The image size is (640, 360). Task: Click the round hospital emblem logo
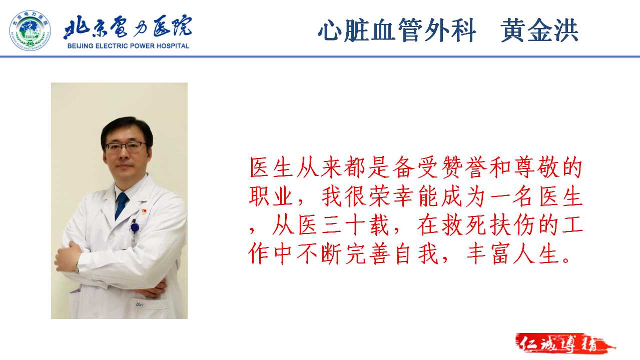click(30, 30)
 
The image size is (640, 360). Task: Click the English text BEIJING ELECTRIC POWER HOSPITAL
click(128, 46)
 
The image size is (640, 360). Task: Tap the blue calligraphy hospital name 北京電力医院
click(128, 26)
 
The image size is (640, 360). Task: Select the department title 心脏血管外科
click(397, 30)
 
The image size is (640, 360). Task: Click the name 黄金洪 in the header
click(540, 30)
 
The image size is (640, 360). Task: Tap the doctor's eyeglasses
click(126, 146)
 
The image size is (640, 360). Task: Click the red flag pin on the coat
click(144, 211)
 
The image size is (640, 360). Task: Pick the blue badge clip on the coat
click(135, 227)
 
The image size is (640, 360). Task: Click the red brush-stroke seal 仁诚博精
click(565, 343)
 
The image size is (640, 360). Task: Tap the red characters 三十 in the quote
click(343, 225)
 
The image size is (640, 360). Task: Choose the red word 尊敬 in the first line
click(536, 167)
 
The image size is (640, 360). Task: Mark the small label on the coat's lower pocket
click(140, 305)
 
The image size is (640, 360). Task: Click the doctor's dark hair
click(127, 130)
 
